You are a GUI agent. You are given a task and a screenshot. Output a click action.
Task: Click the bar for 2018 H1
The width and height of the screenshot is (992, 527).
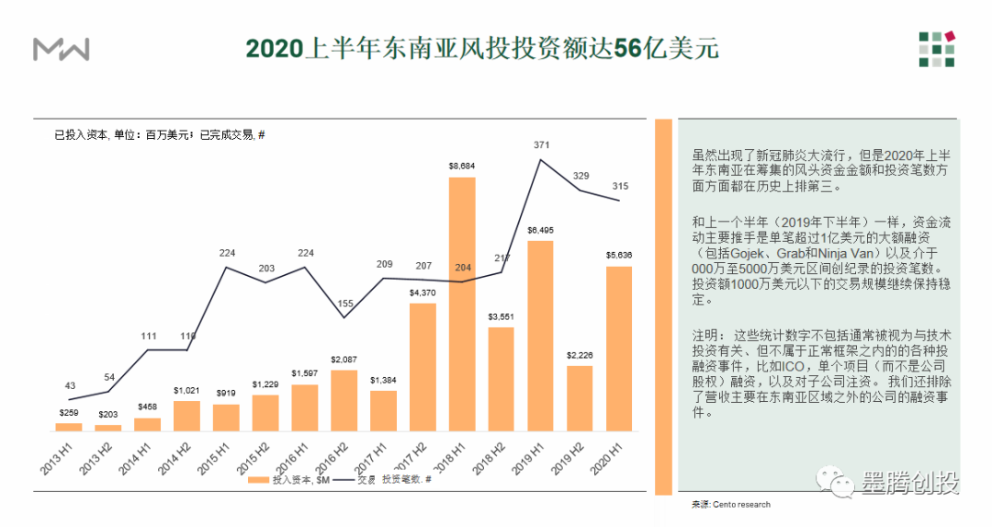tap(462, 304)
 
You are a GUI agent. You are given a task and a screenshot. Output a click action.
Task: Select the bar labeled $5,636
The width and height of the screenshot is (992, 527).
tap(619, 349)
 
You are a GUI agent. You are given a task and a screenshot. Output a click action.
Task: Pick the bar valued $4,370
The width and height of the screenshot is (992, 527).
tap(423, 366)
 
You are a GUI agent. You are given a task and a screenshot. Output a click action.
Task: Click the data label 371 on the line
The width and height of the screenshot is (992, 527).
tap(541, 145)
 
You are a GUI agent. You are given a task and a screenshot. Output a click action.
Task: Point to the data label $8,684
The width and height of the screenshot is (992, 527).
tap(462, 166)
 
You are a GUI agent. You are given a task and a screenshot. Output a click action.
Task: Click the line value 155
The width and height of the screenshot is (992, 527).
tap(344, 304)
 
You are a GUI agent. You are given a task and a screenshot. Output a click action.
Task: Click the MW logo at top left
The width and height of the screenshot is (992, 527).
tap(62, 50)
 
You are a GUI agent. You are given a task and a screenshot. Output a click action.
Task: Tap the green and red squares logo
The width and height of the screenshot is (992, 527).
tap(937, 50)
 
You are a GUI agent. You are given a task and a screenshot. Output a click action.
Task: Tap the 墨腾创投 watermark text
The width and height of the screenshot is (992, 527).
tap(910, 484)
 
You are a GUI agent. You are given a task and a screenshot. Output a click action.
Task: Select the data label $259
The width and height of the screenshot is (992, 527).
tap(68, 412)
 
